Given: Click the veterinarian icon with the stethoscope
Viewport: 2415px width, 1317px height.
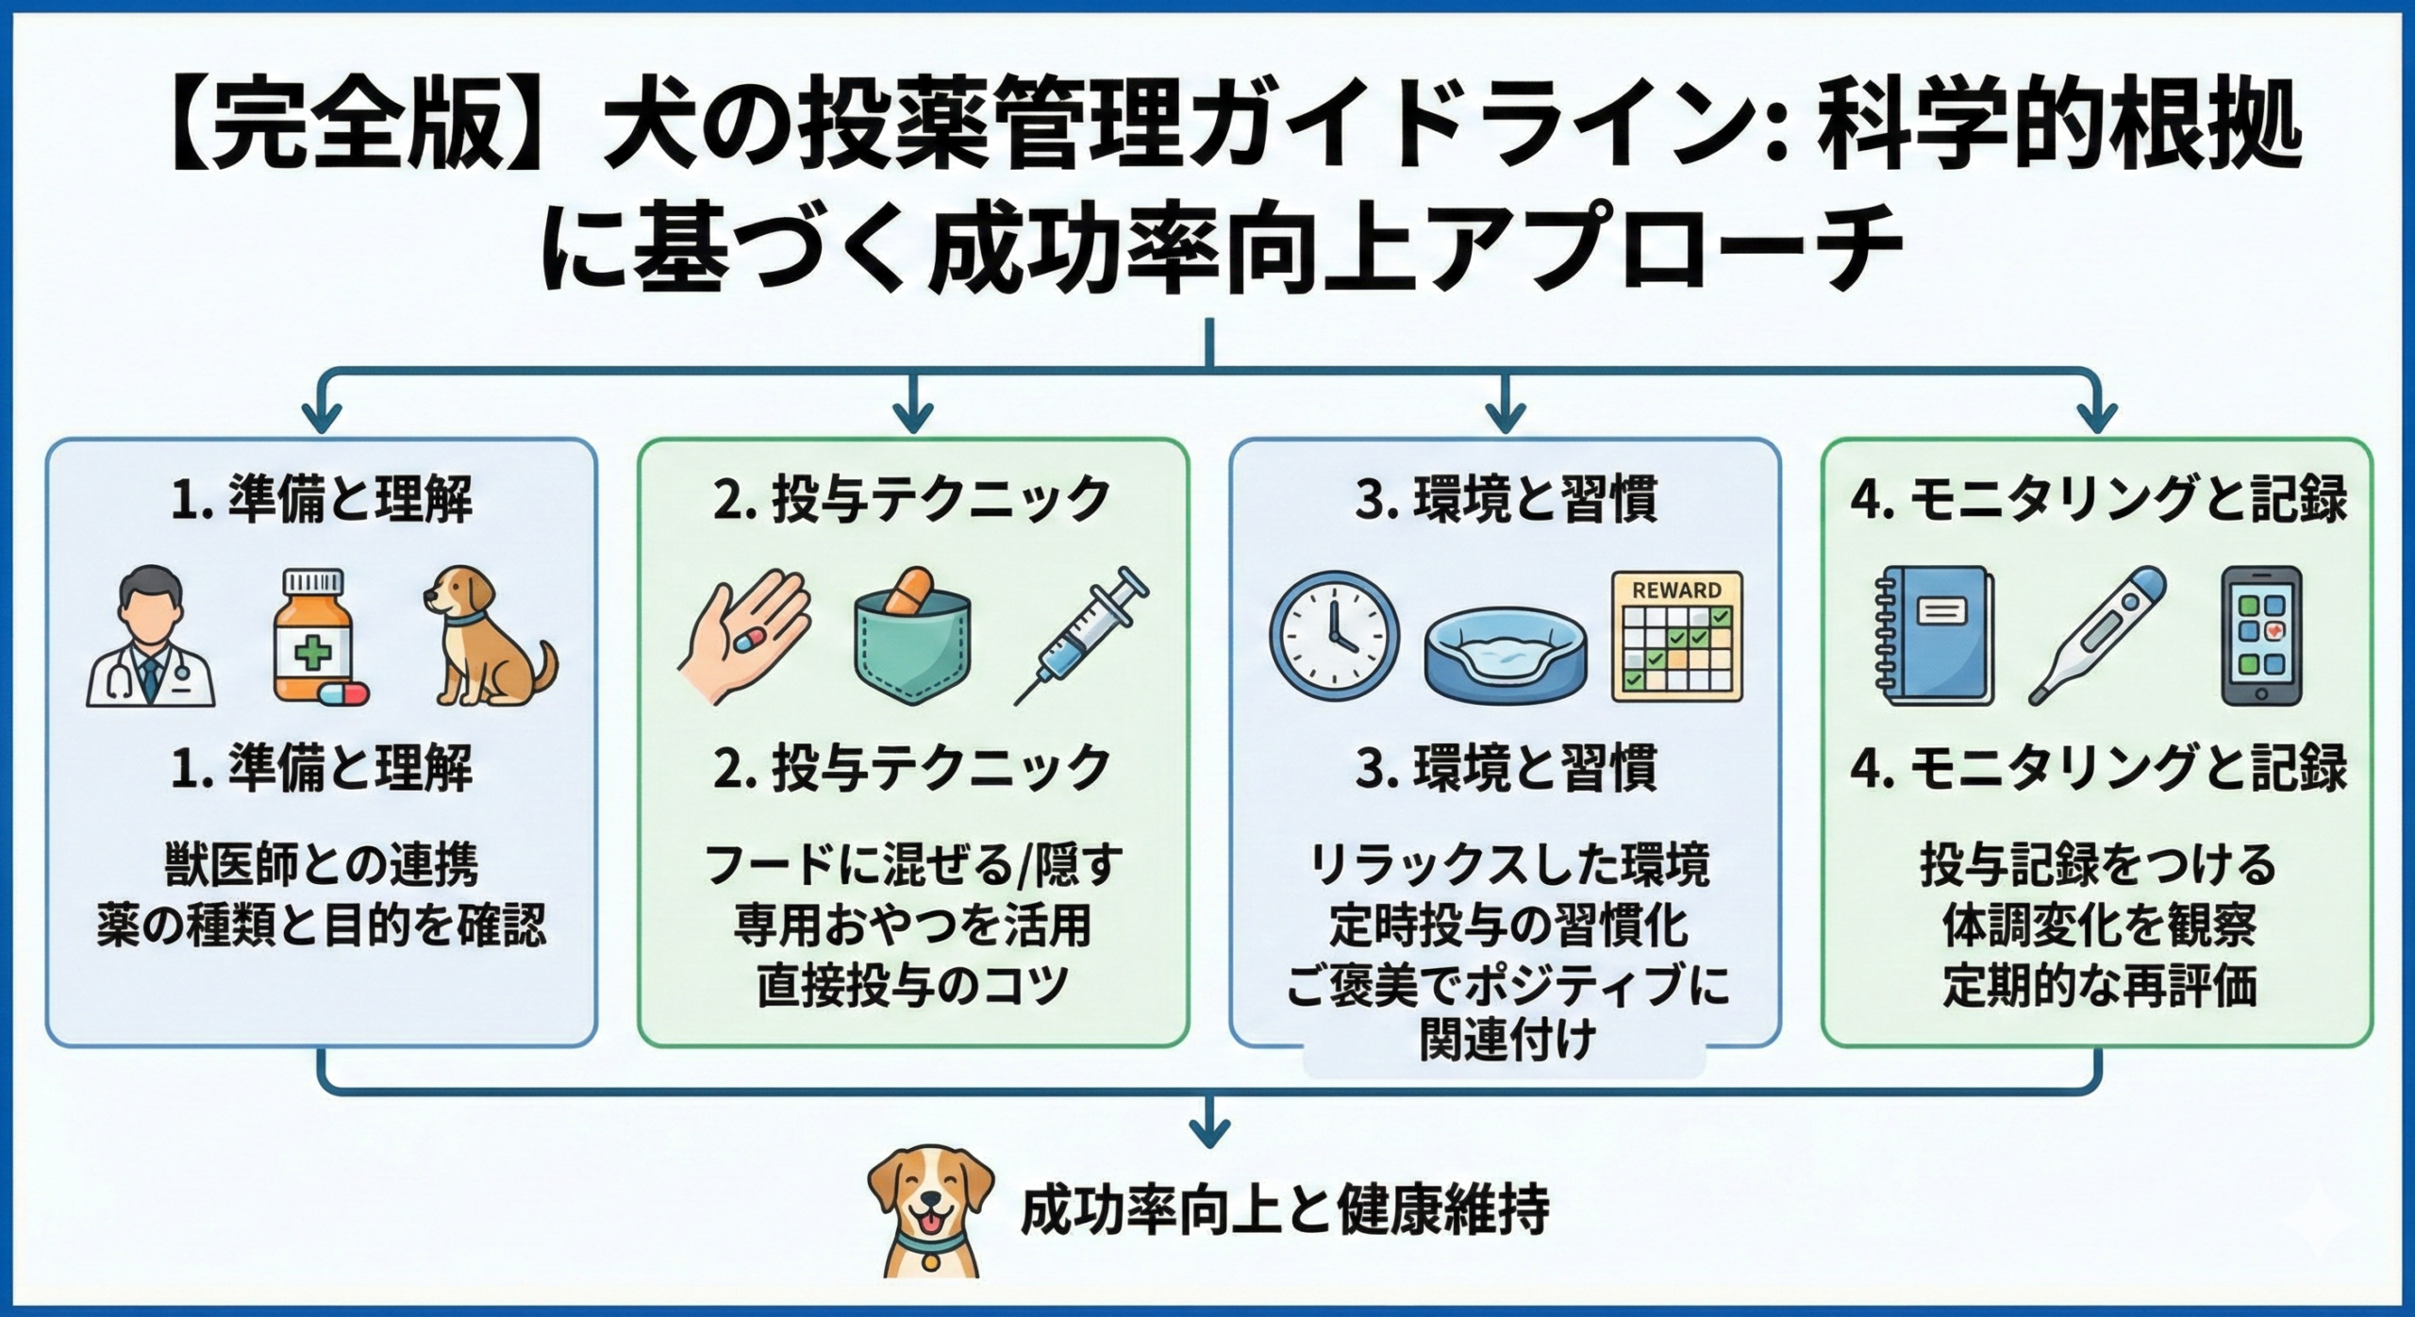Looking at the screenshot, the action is [151, 637].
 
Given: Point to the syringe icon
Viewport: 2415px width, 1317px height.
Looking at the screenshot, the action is [1082, 636].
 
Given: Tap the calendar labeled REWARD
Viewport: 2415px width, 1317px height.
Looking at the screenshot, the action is [1676, 636].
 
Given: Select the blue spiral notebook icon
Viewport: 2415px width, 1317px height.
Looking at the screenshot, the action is [1931, 636].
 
